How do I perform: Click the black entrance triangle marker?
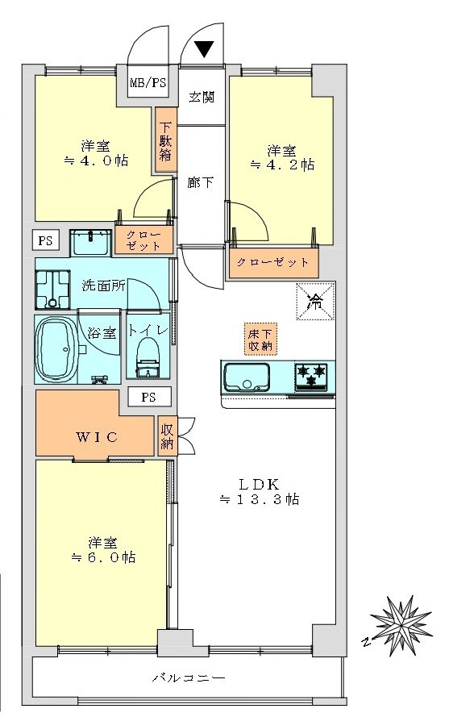coord(203,49)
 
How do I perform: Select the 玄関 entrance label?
coord(202,98)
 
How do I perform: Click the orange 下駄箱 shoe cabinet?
coord(165,140)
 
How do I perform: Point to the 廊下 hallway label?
coord(202,182)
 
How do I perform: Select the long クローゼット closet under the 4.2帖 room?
coord(274,263)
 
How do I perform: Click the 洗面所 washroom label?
coord(102,287)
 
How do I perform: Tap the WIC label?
coord(97,437)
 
